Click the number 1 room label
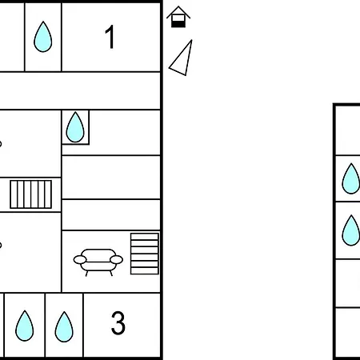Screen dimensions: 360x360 point(110,37)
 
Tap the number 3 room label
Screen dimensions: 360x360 point(118,323)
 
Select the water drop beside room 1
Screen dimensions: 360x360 point(43,37)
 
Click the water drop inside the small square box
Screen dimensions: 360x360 point(75,127)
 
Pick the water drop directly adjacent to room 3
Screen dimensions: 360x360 point(64,326)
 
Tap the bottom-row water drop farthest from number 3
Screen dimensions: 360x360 point(25,326)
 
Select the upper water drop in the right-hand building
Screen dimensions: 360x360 point(351,178)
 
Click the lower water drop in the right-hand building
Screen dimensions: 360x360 point(351,230)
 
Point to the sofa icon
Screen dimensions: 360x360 point(98,262)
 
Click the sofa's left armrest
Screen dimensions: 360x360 point(80,259)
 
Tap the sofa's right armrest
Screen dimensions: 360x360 point(116,259)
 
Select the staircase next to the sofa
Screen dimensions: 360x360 point(145,254)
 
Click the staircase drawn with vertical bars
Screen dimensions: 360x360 point(31,194)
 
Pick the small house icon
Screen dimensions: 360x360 point(178,17)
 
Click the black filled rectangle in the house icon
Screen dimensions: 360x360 point(178,24)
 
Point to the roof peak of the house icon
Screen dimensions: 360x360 point(178,6)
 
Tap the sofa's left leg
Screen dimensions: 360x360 point(86,274)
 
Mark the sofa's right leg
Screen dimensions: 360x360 point(111,274)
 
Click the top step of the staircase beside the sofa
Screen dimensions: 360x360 point(145,237)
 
